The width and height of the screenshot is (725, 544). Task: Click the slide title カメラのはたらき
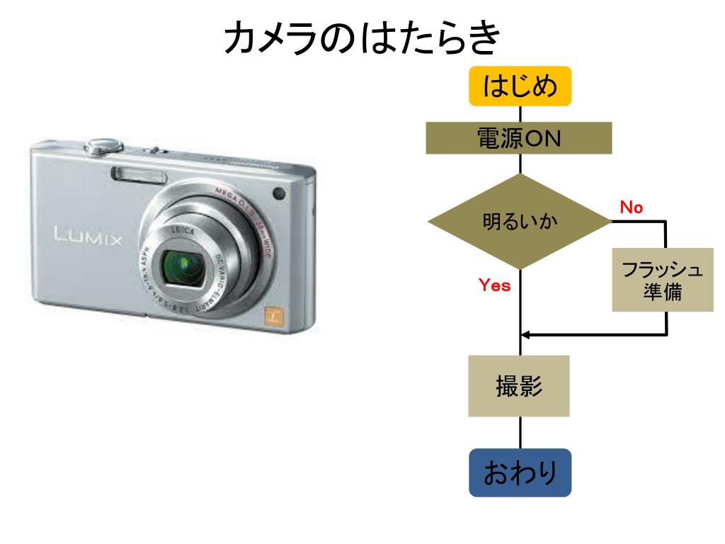pos(362,40)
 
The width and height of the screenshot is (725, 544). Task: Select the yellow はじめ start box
pos(520,86)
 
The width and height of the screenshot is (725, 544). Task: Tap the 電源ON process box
pos(520,138)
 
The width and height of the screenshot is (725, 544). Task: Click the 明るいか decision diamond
pos(520,222)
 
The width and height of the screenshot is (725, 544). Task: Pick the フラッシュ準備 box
pos(662,280)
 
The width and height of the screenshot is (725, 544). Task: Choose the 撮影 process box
pos(520,386)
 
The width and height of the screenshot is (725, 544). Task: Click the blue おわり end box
pos(520,472)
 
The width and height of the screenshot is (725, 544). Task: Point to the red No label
pos(632,208)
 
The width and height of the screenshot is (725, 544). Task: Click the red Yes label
pos(495,286)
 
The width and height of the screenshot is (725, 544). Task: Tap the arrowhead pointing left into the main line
pos(528,334)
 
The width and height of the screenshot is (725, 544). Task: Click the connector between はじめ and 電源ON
pos(520,114)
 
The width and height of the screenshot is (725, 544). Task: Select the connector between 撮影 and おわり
pos(520,432)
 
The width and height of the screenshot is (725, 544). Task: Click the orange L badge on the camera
pos(274,315)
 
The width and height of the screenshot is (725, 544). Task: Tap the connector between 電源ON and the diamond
pos(520,164)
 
